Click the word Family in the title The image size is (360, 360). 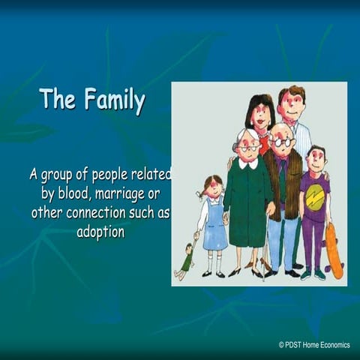(115, 100)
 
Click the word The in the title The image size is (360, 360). (58, 98)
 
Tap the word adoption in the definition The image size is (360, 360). (100, 232)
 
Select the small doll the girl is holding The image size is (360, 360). (186, 259)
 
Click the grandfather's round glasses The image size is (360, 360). (283, 142)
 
